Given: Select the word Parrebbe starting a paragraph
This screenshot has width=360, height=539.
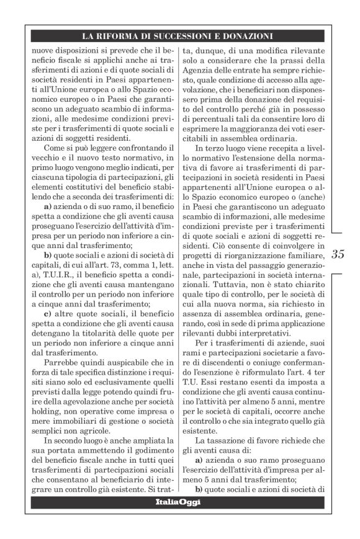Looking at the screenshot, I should click(x=61, y=367).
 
